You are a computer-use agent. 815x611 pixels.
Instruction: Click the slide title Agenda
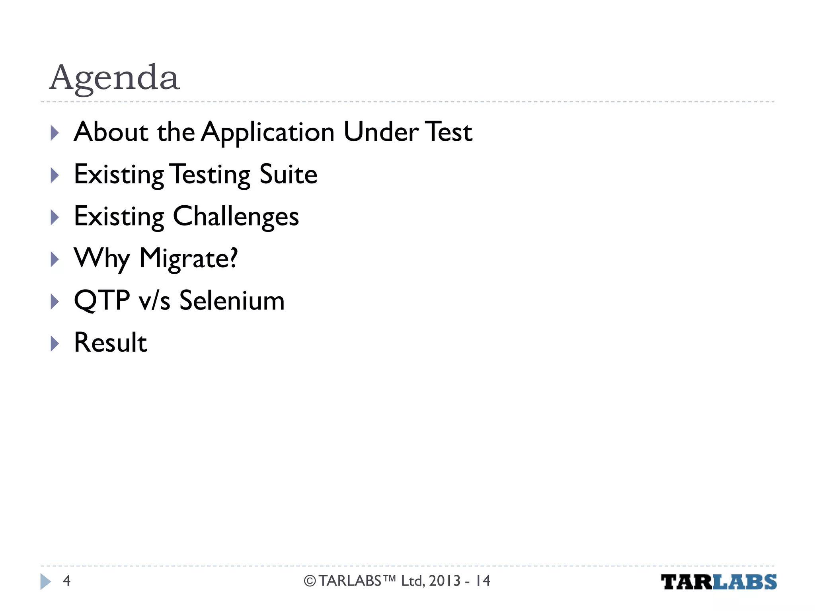click(115, 78)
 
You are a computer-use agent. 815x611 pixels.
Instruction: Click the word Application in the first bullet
click(267, 132)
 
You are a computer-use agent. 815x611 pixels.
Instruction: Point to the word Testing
click(211, 175)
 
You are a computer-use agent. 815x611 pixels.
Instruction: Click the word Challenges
click(236, 217)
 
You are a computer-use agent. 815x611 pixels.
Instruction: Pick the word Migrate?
click(189, 259)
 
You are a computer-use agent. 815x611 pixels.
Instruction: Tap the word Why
click(101, 259)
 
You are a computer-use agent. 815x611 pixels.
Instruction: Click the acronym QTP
click(102, 301)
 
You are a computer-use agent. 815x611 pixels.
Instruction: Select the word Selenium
click(232, 301)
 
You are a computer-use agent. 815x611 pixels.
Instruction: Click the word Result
click(111, 342)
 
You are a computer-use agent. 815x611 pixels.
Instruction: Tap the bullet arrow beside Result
click(55, 344)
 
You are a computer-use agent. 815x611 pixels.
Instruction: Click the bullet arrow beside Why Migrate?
click(55, 260)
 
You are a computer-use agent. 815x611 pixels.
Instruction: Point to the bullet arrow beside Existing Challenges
click(55, 218)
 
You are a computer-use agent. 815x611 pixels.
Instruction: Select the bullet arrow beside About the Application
click(55, 133)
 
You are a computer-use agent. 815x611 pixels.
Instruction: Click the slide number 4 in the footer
click(66, 581)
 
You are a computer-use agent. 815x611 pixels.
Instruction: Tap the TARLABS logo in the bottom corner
click(718, 582)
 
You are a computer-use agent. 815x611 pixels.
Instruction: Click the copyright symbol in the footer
click(310, 581)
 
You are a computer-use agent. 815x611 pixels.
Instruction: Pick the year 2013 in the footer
click(445, 581)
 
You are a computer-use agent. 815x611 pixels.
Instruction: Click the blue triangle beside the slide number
click(45, 582)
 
